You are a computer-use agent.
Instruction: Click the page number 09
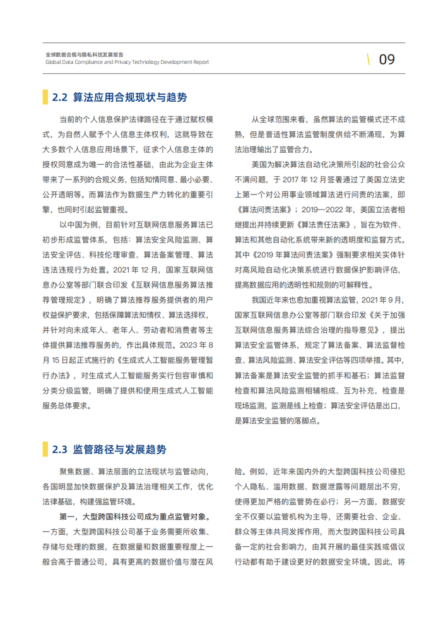386,59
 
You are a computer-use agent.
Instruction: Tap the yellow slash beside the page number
368,59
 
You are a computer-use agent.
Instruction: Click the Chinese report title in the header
85,55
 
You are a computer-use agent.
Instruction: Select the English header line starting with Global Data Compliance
127,63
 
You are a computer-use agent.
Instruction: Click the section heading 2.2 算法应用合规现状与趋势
119,97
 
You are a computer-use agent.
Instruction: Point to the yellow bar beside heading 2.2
45,97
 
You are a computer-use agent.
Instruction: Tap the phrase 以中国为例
78,224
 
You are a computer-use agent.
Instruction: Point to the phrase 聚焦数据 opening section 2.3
75,471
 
